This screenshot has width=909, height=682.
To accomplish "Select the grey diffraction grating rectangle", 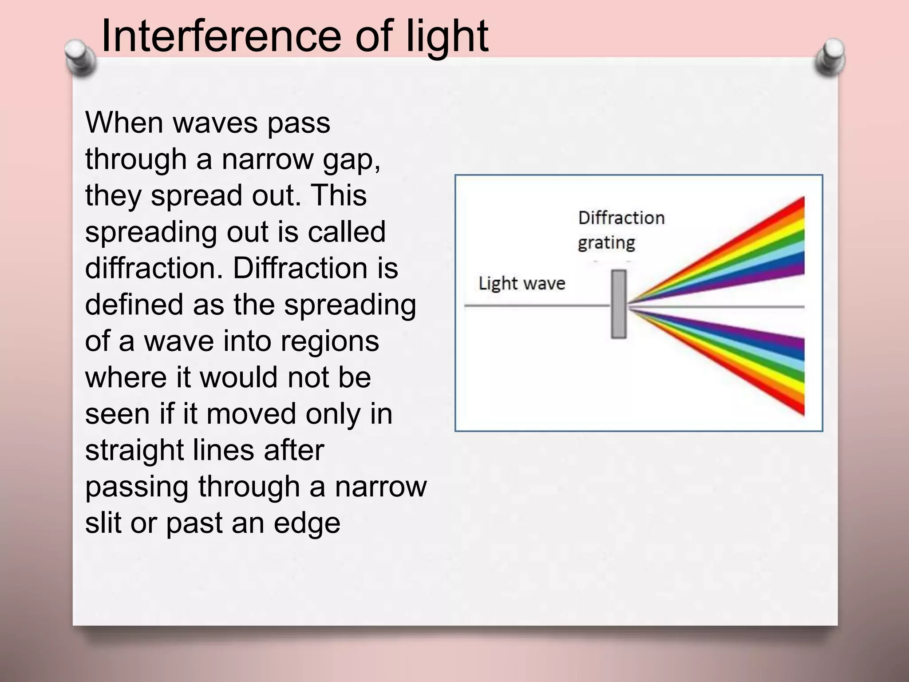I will (619, 305).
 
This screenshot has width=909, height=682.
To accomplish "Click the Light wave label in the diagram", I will (522, 283).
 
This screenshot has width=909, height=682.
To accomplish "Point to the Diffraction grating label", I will (620, 230).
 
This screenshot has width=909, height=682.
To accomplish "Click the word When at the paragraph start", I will (125, 123).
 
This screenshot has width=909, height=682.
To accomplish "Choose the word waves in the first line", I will (215, 123).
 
